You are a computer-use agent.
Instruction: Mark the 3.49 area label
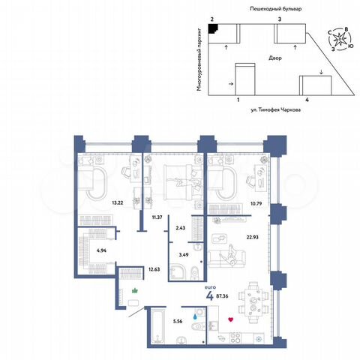click(x=180, y=255)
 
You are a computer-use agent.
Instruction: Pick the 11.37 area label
click(x=157, y=217)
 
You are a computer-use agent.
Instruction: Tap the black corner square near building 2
click(x=213, y=28)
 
